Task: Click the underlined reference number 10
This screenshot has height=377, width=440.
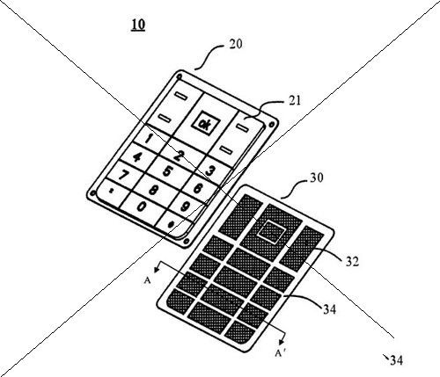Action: tap(138, 25)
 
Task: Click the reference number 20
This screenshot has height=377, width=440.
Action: tap(236, 44)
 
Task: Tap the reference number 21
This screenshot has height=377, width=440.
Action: tap(295, 100)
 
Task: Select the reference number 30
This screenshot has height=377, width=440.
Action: tap(317, 178)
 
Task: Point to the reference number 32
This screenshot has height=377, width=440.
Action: tap(352, 262)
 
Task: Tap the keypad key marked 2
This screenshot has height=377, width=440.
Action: tap(182, 155)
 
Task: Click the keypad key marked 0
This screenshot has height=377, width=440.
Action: tap(143, 207)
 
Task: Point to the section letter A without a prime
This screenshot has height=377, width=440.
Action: tap(147, 281)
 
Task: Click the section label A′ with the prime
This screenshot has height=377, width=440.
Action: tap(280, 353)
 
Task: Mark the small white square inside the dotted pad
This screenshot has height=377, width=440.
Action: tap(271, 231)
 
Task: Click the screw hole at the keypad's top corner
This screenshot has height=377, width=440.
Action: tap(179, 76)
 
